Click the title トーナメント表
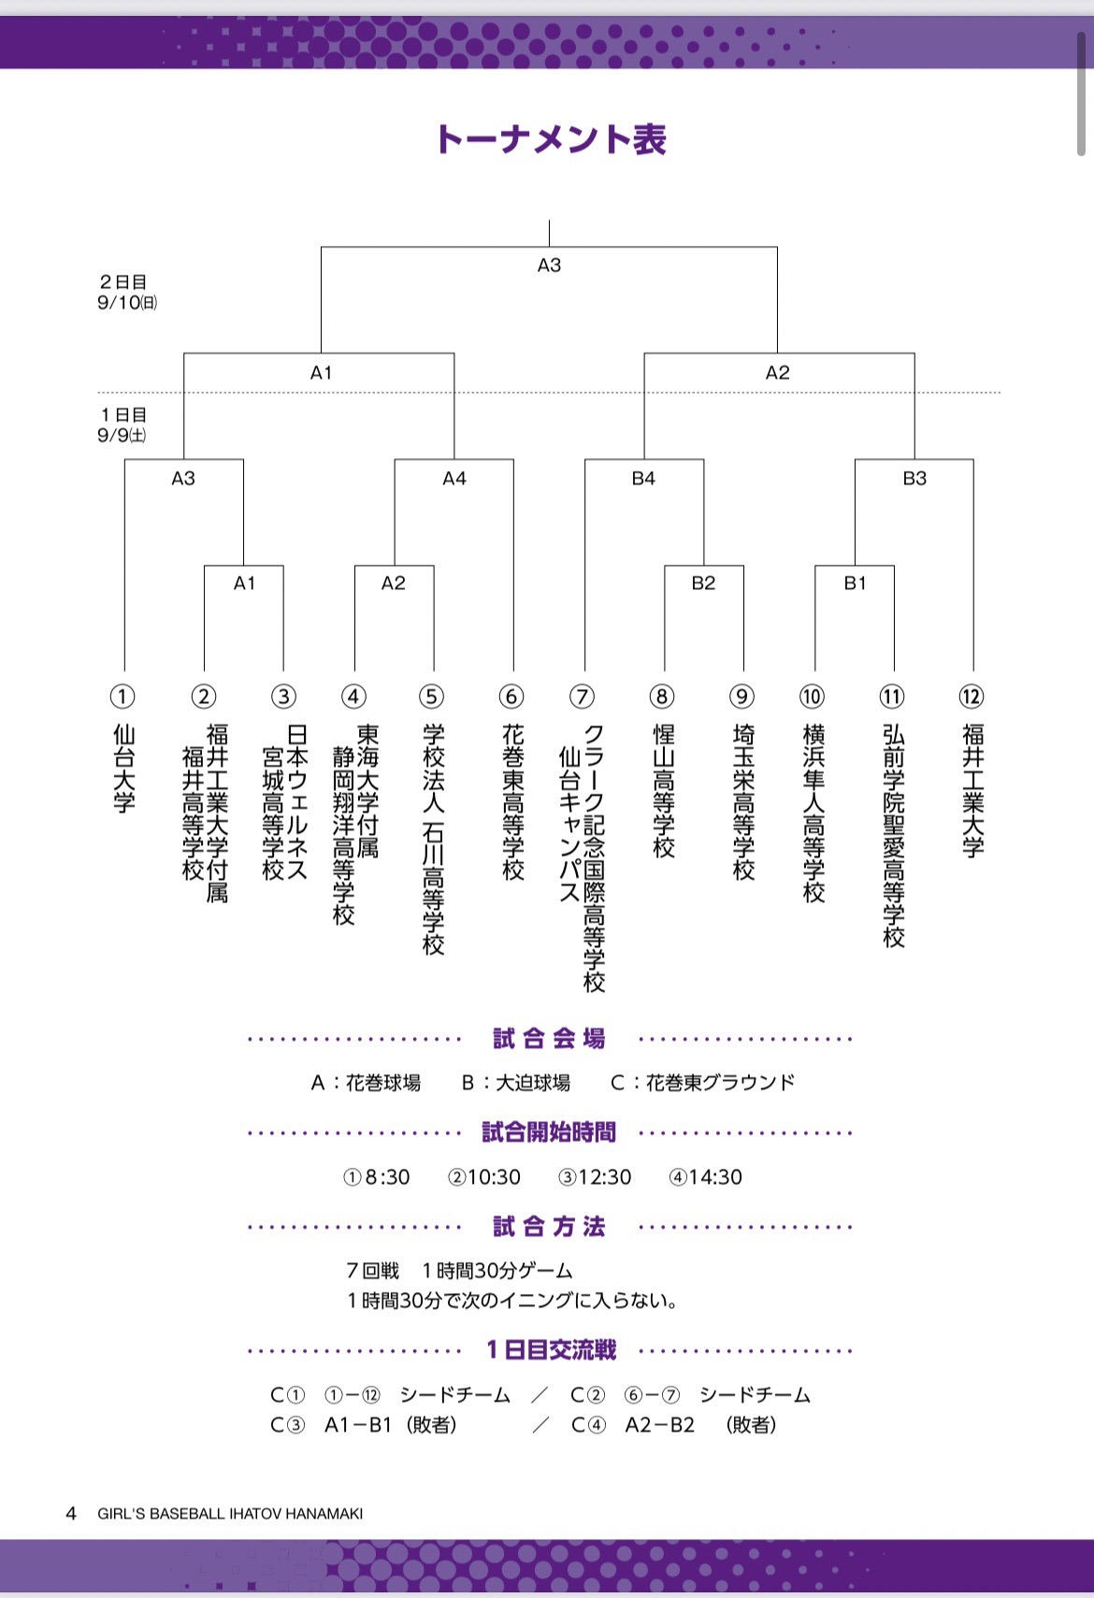(x=550, y=139)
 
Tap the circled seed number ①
(x=122, y=697)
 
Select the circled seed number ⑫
(x=972, y=697)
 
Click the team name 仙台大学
(x=123, y=768)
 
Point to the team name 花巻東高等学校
(x=512, y=801)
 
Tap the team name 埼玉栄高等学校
(x=743, y=801)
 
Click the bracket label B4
(x=643, y=479)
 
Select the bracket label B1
(x=855, y=583)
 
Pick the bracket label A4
(x=454, y=479)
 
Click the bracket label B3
(x=914, y=479)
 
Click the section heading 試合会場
(x=550, y=1039)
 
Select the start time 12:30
(x=604, y=1177)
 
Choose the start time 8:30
(x=386, y=1177)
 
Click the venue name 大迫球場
(x=532, y=1083)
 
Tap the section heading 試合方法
(x=550, y=1227)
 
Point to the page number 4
(x=71, y=1513)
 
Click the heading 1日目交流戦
(x=551, y=1350)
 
